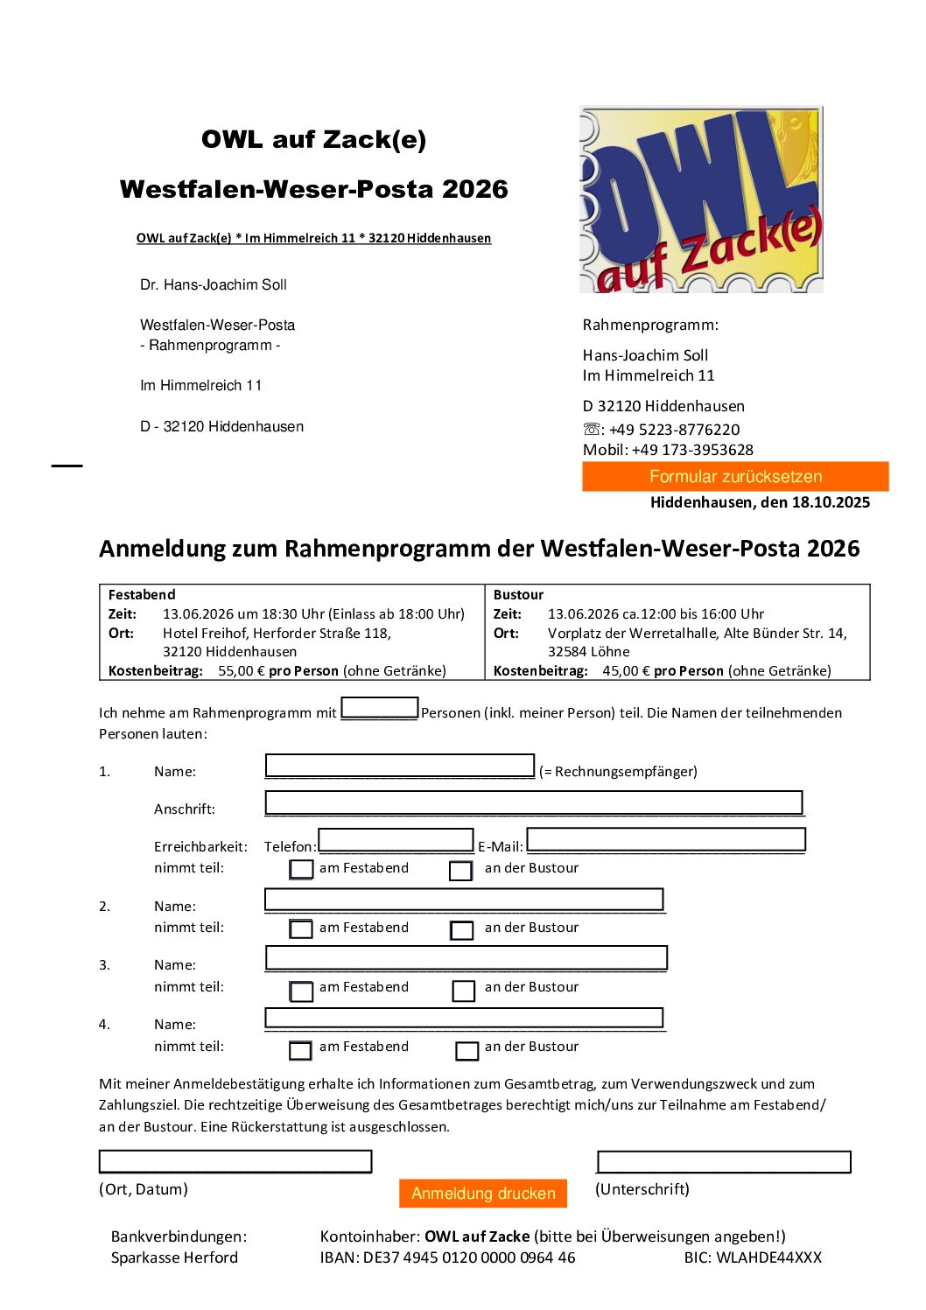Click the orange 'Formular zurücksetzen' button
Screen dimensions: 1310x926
(735, 477)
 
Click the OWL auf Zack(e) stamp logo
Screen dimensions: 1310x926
(701, 200)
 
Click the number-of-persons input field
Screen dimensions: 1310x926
(379, 708)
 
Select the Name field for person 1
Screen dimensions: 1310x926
(399, 766)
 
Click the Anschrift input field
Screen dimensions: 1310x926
(533, 802)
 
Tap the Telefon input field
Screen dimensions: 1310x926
(396, 840)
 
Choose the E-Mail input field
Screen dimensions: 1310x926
(665, 840)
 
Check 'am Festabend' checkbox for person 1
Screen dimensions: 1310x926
(301, 869)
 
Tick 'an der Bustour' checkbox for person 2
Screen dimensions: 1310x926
(462, 930)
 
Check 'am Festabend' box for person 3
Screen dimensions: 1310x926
(301, 991)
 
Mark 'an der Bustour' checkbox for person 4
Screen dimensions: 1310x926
(467, 1050)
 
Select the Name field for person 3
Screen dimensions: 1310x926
(466, 957)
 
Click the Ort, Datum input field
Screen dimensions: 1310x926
(235, 1161)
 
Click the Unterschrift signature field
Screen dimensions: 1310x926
(724, 1161)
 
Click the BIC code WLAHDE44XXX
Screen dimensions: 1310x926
(769, 1257)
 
